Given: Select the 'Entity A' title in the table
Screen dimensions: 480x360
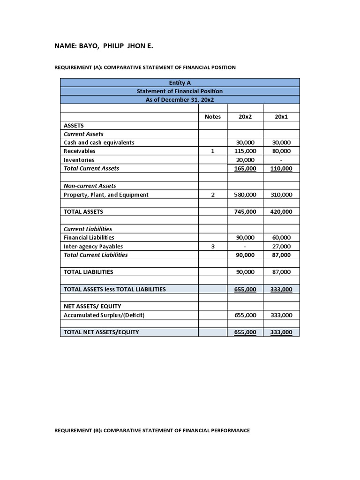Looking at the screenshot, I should coord(180,83).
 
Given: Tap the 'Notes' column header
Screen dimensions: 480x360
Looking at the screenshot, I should coord(212,117).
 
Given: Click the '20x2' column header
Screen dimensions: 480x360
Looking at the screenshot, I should coord(245,117).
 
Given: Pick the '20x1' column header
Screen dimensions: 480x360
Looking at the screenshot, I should coord(281,117).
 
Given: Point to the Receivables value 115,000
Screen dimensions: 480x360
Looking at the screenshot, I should coord(245,151).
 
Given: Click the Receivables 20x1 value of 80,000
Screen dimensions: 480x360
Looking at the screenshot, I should coord(281,151).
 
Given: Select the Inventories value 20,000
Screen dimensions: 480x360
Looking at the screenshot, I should coord(245,160).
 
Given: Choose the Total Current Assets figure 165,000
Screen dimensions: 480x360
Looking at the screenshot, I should coord(245,169).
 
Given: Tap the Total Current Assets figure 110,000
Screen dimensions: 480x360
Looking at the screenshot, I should coord(281,169).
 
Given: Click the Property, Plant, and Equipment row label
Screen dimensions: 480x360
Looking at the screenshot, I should coord(106,195).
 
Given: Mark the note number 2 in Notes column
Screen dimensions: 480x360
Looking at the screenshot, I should coord(212,195).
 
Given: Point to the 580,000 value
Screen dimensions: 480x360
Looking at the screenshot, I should coord(245,195).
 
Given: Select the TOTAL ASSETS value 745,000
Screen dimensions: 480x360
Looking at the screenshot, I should coord(245,212).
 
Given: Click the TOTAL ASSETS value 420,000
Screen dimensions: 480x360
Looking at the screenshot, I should coord(281,212).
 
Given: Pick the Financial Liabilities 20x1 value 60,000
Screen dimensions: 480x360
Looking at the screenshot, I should coord(281,238).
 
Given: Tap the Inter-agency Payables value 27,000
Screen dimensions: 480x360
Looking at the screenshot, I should coord(281,247).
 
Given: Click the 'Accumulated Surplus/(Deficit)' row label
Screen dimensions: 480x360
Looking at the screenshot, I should coord(104,315).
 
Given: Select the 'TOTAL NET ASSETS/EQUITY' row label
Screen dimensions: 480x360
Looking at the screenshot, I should coord(101,332).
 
